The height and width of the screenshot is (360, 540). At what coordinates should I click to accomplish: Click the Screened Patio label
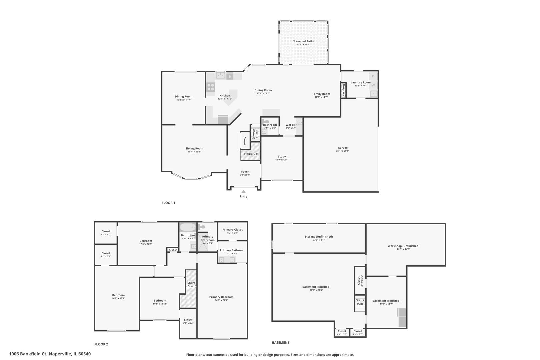click(303, 41)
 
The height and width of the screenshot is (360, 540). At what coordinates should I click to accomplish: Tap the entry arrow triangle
click(244, 191)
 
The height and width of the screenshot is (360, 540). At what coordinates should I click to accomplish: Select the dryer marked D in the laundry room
click(373, 76)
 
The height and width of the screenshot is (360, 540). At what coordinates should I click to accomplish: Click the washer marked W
click(373, 85)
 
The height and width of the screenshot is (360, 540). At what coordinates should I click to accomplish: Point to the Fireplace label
click(343, 90)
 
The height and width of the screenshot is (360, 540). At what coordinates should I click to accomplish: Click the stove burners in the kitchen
click(211, 87)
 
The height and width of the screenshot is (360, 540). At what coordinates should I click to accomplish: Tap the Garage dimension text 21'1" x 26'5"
click(343, 151)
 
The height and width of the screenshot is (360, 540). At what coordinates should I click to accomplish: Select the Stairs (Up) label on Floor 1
click(251, 154)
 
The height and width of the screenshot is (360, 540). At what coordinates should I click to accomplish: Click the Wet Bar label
click(291, 125)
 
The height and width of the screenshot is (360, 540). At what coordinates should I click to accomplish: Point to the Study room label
click(282, 156)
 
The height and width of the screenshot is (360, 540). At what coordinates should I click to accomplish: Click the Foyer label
click(245, 172)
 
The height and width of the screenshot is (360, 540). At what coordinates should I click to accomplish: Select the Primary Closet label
click(233, 230)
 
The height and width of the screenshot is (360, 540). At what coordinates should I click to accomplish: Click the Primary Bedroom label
click(221, 297)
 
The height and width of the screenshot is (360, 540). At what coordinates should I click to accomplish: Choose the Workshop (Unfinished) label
click(403, 246)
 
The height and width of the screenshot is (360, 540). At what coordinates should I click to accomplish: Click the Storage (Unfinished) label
click(319, 237)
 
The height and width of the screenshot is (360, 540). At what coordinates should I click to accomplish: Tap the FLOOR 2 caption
click(101, 344)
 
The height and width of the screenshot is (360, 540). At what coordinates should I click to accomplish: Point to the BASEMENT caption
click(281, 342)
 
